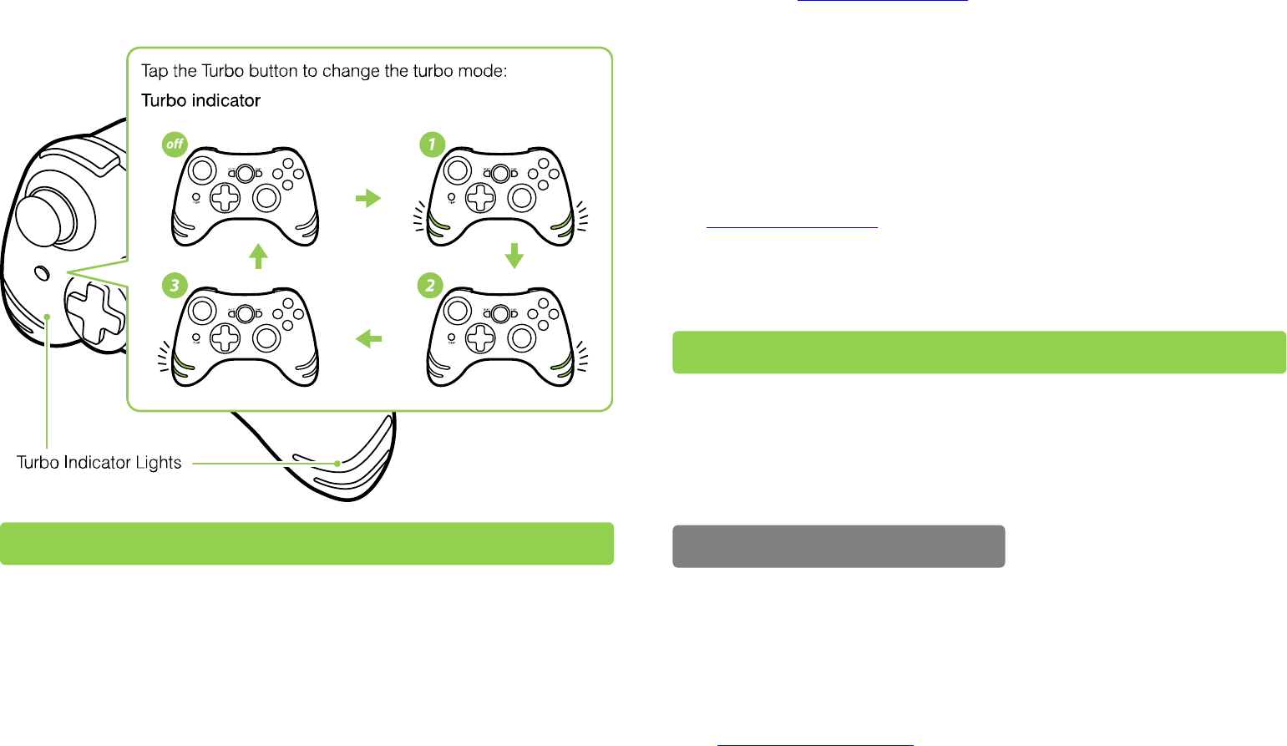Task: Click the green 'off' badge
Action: (175, 145)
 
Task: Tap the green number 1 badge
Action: (431, 145)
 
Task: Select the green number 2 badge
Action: (430, 286)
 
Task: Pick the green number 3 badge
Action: (174, 286)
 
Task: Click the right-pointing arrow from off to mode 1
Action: (367, 198)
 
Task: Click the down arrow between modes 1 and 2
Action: (514, 256)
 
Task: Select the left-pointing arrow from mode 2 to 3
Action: (368, 338)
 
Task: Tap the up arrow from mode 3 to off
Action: (259, 256)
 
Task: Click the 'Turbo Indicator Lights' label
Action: (99, 463)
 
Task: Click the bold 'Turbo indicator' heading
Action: (200, 101)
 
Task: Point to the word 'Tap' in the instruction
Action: (155, 71)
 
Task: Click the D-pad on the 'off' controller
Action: (224, 198)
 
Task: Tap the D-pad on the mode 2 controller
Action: (479, 338)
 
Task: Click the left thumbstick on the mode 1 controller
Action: (457, 170)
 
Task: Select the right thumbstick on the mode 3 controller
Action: (266, 337)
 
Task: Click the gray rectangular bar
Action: (839, 546)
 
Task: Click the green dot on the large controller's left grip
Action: (48, 317)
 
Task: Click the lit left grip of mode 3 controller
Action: (182, 366)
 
